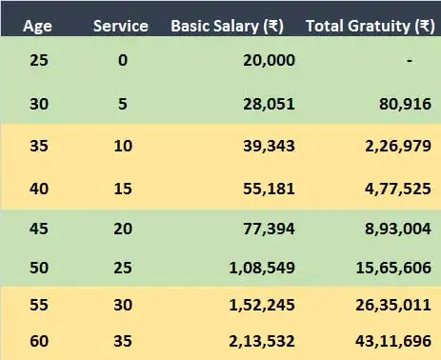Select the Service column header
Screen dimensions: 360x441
(x=120, y=26)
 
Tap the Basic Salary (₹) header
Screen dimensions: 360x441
(x=232, y=26)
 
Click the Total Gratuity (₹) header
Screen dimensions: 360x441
(x=371, y=26)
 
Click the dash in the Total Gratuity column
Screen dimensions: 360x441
(x=409, y=61)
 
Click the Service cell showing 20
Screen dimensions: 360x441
(x=120, y=230)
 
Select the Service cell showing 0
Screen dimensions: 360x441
(x=120, y=61)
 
